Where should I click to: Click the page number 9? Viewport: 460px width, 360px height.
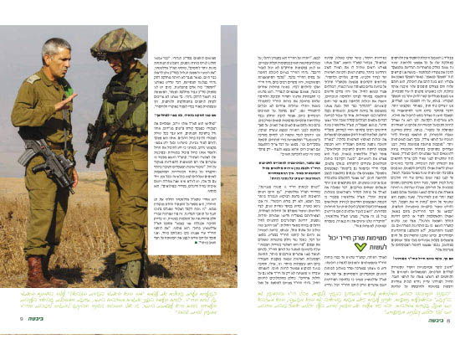[x=20, y=319]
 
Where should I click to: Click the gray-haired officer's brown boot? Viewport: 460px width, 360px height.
[x=35, y=270]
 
